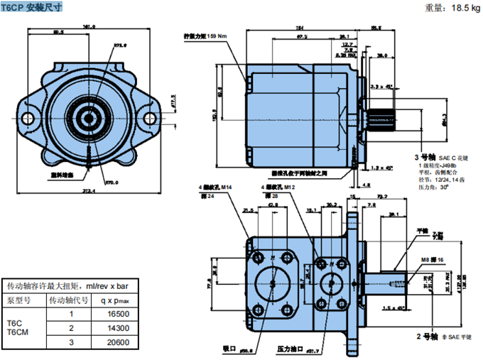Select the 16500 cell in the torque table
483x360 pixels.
[116, 314]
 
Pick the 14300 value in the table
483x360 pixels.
[116, 328]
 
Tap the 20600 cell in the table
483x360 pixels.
[116, 342]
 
